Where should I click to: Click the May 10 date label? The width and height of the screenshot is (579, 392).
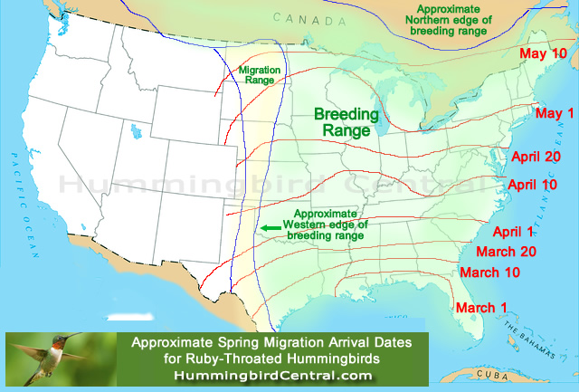tap(543, 54)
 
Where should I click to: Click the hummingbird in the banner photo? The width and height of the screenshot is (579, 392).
tap(54, 355)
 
